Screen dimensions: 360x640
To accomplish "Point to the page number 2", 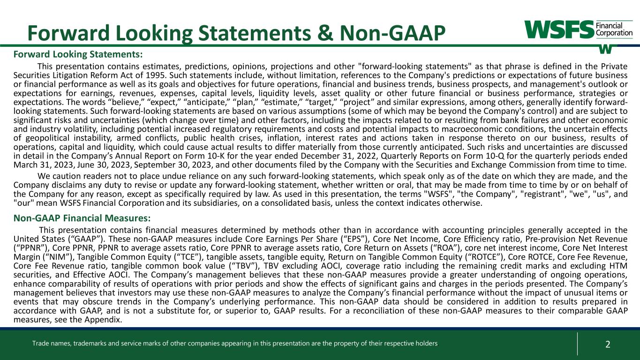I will point(608,344).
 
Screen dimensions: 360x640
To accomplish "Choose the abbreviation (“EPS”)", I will point(354,238).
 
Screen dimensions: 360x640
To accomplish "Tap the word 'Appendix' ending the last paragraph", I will point(107,320).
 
